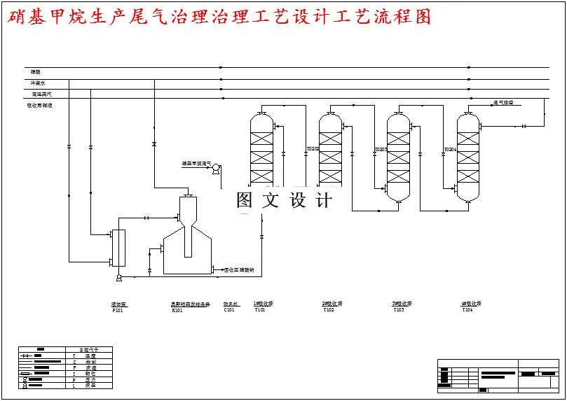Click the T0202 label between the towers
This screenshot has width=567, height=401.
(313, 149)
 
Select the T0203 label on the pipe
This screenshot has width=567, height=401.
(381, 149)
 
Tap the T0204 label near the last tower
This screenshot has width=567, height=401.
(450, 149)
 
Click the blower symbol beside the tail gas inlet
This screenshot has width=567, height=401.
(217, 168)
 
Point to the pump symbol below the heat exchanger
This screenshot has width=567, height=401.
(118, 278)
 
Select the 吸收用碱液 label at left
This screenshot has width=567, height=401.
(39, 106)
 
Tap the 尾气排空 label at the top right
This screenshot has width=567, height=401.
(503, 103)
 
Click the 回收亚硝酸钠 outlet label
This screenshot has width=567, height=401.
(239, 269)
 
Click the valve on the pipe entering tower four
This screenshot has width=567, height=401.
(524, 126)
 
